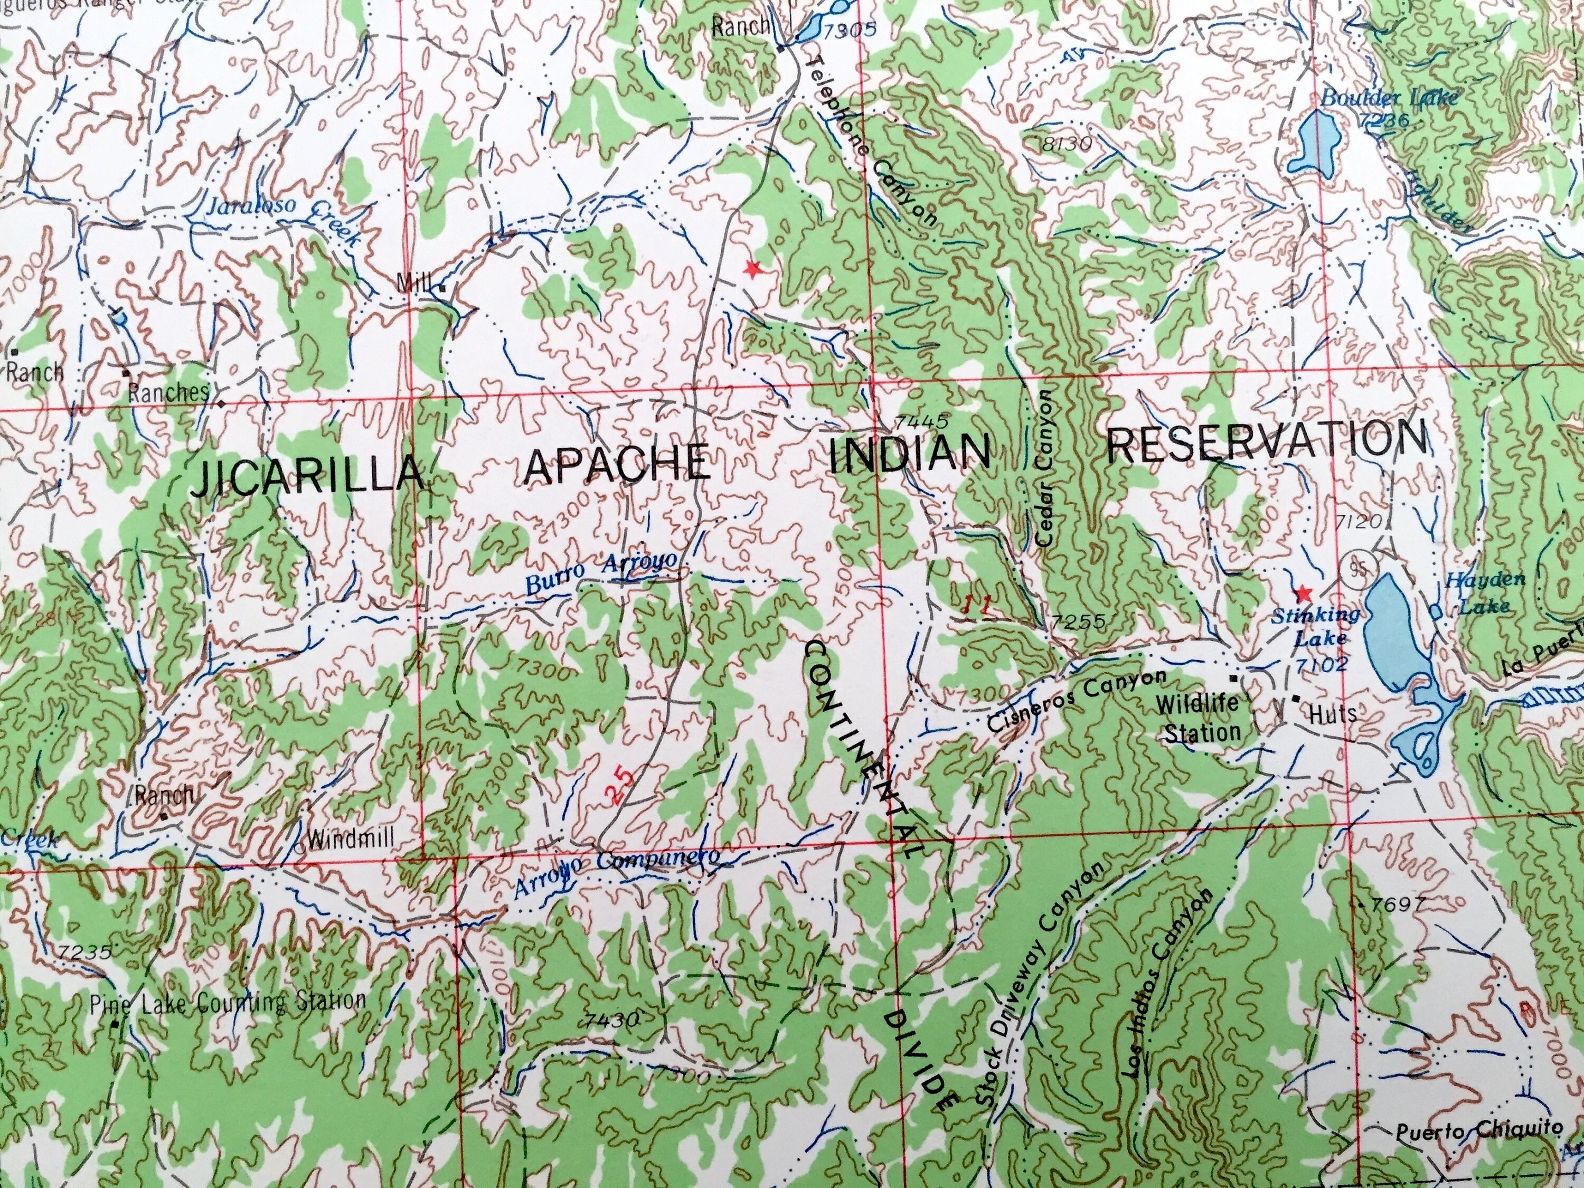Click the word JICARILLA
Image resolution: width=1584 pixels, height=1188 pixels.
click(x=308, y=475)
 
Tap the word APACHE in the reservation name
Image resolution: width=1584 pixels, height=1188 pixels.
click(x=617, y=463)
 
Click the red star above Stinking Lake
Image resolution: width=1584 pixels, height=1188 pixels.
click(x=1303, y=593)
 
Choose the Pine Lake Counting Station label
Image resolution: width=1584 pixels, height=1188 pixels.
click(x=228, y=1002)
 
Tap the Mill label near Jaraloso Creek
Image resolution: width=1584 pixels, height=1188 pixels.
click(x=414, y=284)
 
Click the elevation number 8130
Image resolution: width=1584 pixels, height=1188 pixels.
click(x=1066, y=145)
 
